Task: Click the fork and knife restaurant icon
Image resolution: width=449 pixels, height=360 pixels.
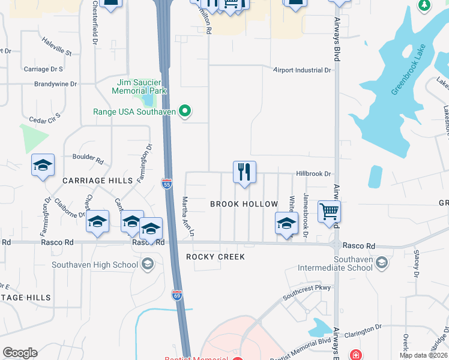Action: coord(244,172)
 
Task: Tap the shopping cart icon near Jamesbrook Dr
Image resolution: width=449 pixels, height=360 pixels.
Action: coord(329,212)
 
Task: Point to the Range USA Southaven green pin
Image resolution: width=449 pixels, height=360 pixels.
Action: coord(185,111)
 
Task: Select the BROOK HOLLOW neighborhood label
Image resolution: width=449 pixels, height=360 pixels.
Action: coord(244,204)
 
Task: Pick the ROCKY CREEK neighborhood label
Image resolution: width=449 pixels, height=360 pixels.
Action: coord(215,257)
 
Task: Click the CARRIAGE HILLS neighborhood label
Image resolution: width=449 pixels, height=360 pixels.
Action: coord(92,180)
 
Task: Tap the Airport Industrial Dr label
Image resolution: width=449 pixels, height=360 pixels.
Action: coord(302,70)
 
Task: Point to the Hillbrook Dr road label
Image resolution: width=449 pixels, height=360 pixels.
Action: coord(313,174)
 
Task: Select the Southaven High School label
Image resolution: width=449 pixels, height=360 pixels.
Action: coord(95,264)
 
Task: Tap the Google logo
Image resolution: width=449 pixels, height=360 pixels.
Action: coord(20,353)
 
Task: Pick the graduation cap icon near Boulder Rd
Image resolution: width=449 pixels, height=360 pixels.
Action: coord(43,165)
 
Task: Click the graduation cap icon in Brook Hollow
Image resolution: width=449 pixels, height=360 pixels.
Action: coord(287,223)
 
